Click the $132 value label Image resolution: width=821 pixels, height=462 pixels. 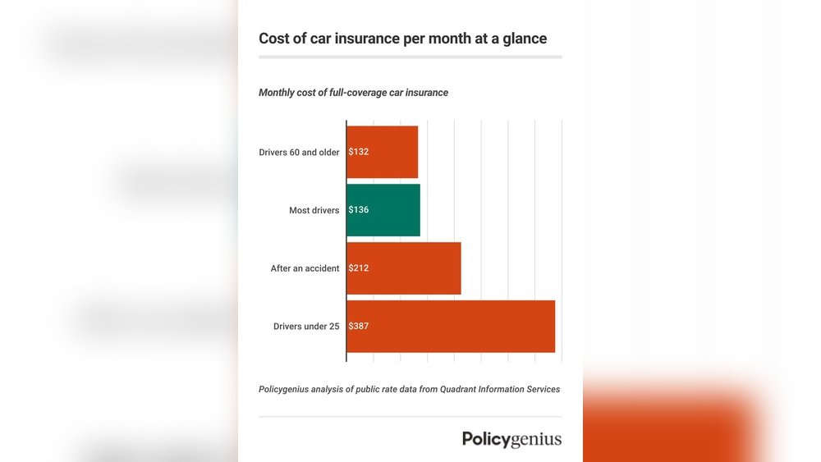coord(359,152)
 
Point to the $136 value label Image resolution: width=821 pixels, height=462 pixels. coord(359,210)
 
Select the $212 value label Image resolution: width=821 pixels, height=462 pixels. coord(359,268)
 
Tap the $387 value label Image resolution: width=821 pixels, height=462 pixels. coord(359,327)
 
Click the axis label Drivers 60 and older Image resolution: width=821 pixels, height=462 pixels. coord(299,153)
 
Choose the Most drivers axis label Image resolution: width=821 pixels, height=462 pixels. coord(314,211)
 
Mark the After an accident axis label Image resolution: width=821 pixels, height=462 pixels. coord(305,269)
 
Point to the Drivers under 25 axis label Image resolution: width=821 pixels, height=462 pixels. coord(306,327)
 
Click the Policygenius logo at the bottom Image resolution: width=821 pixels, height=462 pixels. coord(511,439)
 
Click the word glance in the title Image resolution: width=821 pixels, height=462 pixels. coord(524,39)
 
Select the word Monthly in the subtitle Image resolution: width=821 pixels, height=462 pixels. coord(277,93)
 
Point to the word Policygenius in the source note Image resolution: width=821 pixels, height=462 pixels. coord(284,389)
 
